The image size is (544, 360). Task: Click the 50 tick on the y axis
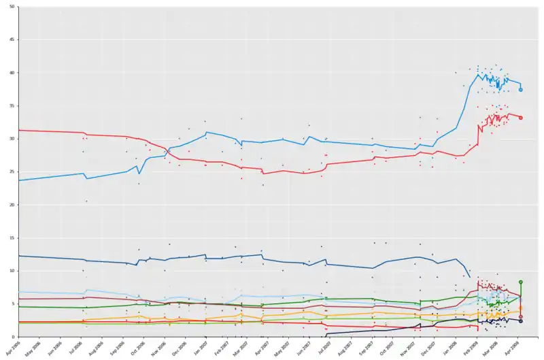point(14,7)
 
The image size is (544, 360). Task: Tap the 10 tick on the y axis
point(14,271)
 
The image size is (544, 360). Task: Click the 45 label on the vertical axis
point(14,40)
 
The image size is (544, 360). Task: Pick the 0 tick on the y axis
point(16,337)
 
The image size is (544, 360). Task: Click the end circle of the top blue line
point(521,90)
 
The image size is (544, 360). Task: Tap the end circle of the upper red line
point(521,118)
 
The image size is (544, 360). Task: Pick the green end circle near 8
point(521,282)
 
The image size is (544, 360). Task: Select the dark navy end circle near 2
point(521,321)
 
